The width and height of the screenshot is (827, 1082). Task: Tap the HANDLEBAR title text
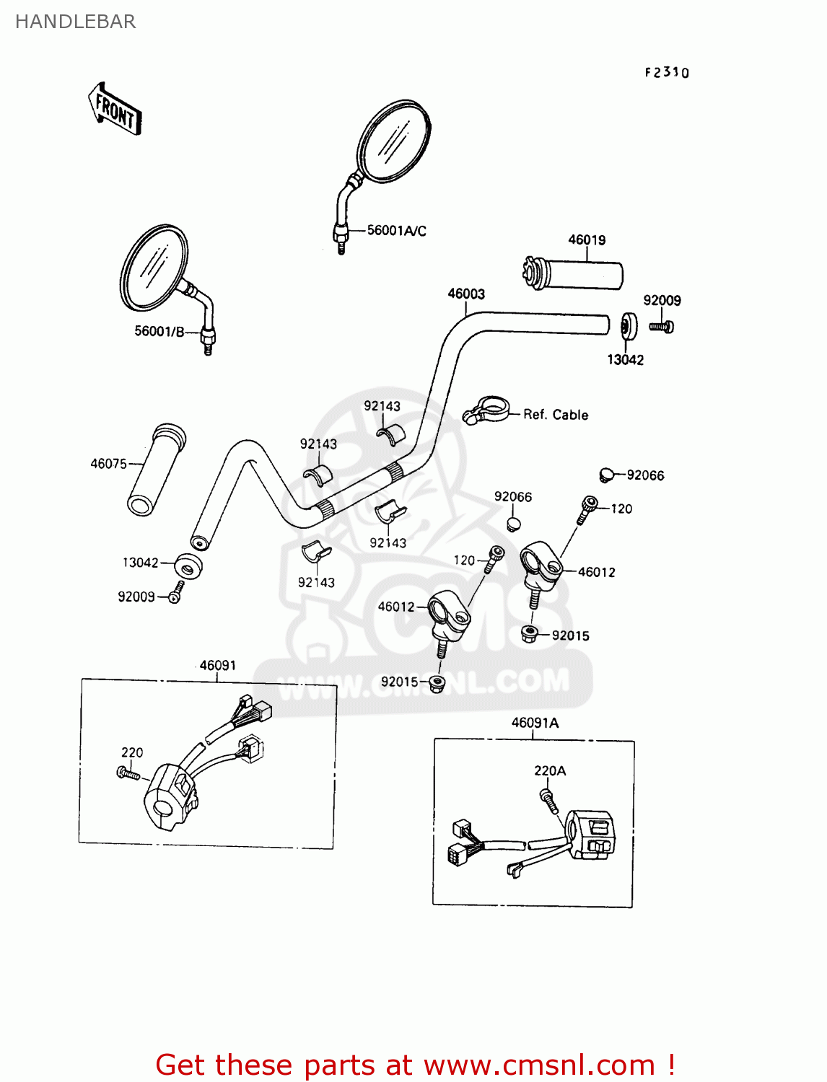tap(75, 22)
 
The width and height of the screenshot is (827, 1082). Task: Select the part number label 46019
tap(587, 240)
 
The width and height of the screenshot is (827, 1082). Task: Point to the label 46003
tap(466, 294)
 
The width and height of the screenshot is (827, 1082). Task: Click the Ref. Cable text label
tap(556, 415)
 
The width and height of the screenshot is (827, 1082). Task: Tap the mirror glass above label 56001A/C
tap(393, 141)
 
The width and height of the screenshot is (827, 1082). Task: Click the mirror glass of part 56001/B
tap(153, 268)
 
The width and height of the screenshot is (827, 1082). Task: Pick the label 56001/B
tap(159, 331)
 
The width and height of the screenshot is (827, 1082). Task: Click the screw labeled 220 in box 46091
tap(129, 773)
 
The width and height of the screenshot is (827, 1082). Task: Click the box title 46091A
tap(535, 723)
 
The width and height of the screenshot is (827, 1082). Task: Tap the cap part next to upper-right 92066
tap(606, 475)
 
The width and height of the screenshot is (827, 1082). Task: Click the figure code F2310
tap(667, 72)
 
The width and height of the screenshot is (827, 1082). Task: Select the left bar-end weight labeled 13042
tap(188, 565)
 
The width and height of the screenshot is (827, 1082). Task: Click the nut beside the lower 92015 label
tap(436, 684)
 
